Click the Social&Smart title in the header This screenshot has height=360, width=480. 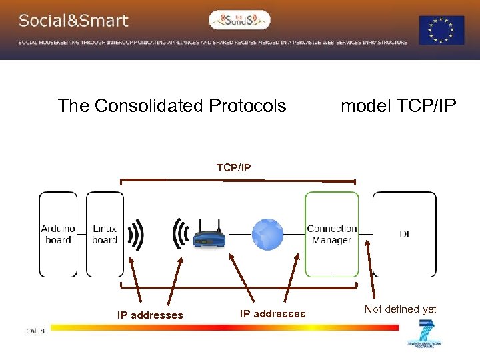click(x=73, y=21)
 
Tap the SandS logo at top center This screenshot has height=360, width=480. click(x=240, y=20)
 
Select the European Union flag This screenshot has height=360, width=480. click(x=441, y=30)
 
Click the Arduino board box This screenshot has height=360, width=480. click(x=58, y=234)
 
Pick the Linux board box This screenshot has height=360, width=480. click(x=105, y=234)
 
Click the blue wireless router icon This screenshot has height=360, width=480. click(x=208, y=236)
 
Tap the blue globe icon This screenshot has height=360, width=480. click(x=267, y=235)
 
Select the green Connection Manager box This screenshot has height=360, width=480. click(x=331, y=234)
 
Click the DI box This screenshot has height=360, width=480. click(x=404, y=234)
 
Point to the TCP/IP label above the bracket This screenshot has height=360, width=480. click(x=234, y=167)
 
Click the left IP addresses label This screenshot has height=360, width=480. click(x=150, y=315)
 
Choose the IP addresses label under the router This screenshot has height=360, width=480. click(x=273, y=314)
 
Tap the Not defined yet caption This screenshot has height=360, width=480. click(x=401, y=309)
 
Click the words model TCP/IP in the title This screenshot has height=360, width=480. click(x=399, y=106)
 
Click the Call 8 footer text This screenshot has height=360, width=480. click(x=35, y=331)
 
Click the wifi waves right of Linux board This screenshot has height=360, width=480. click(x=136, y=235)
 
